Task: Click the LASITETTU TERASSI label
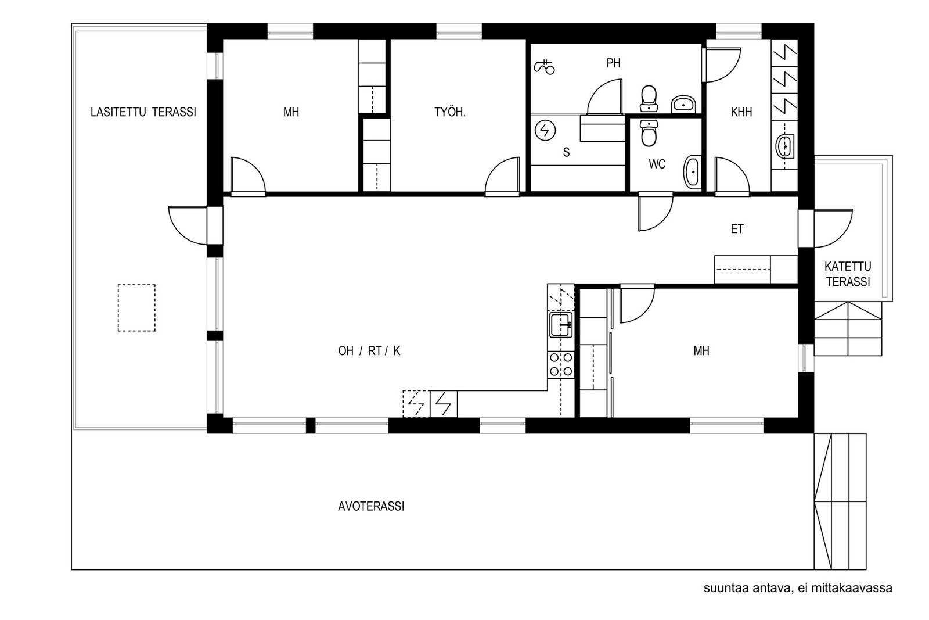tap(143, 112)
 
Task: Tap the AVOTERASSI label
tap(371, 506)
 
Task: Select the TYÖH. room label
tap(450, 112)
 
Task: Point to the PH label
tap(613, 63)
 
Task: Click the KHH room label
tap(741, 112)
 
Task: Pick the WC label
tap(657, 164)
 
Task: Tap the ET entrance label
tap(737, 229)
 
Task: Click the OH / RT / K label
tap(369, 351)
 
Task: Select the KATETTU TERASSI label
tap(848, 274)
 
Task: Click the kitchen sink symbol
tap(561, 324)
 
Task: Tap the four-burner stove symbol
tap(561, 364)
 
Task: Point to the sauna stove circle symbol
tap(545, 131)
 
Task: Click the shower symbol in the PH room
tap(544, 67)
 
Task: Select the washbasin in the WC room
tap(692, 172)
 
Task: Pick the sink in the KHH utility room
tap(784, 146)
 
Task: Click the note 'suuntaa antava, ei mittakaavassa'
tap(798, 588)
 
